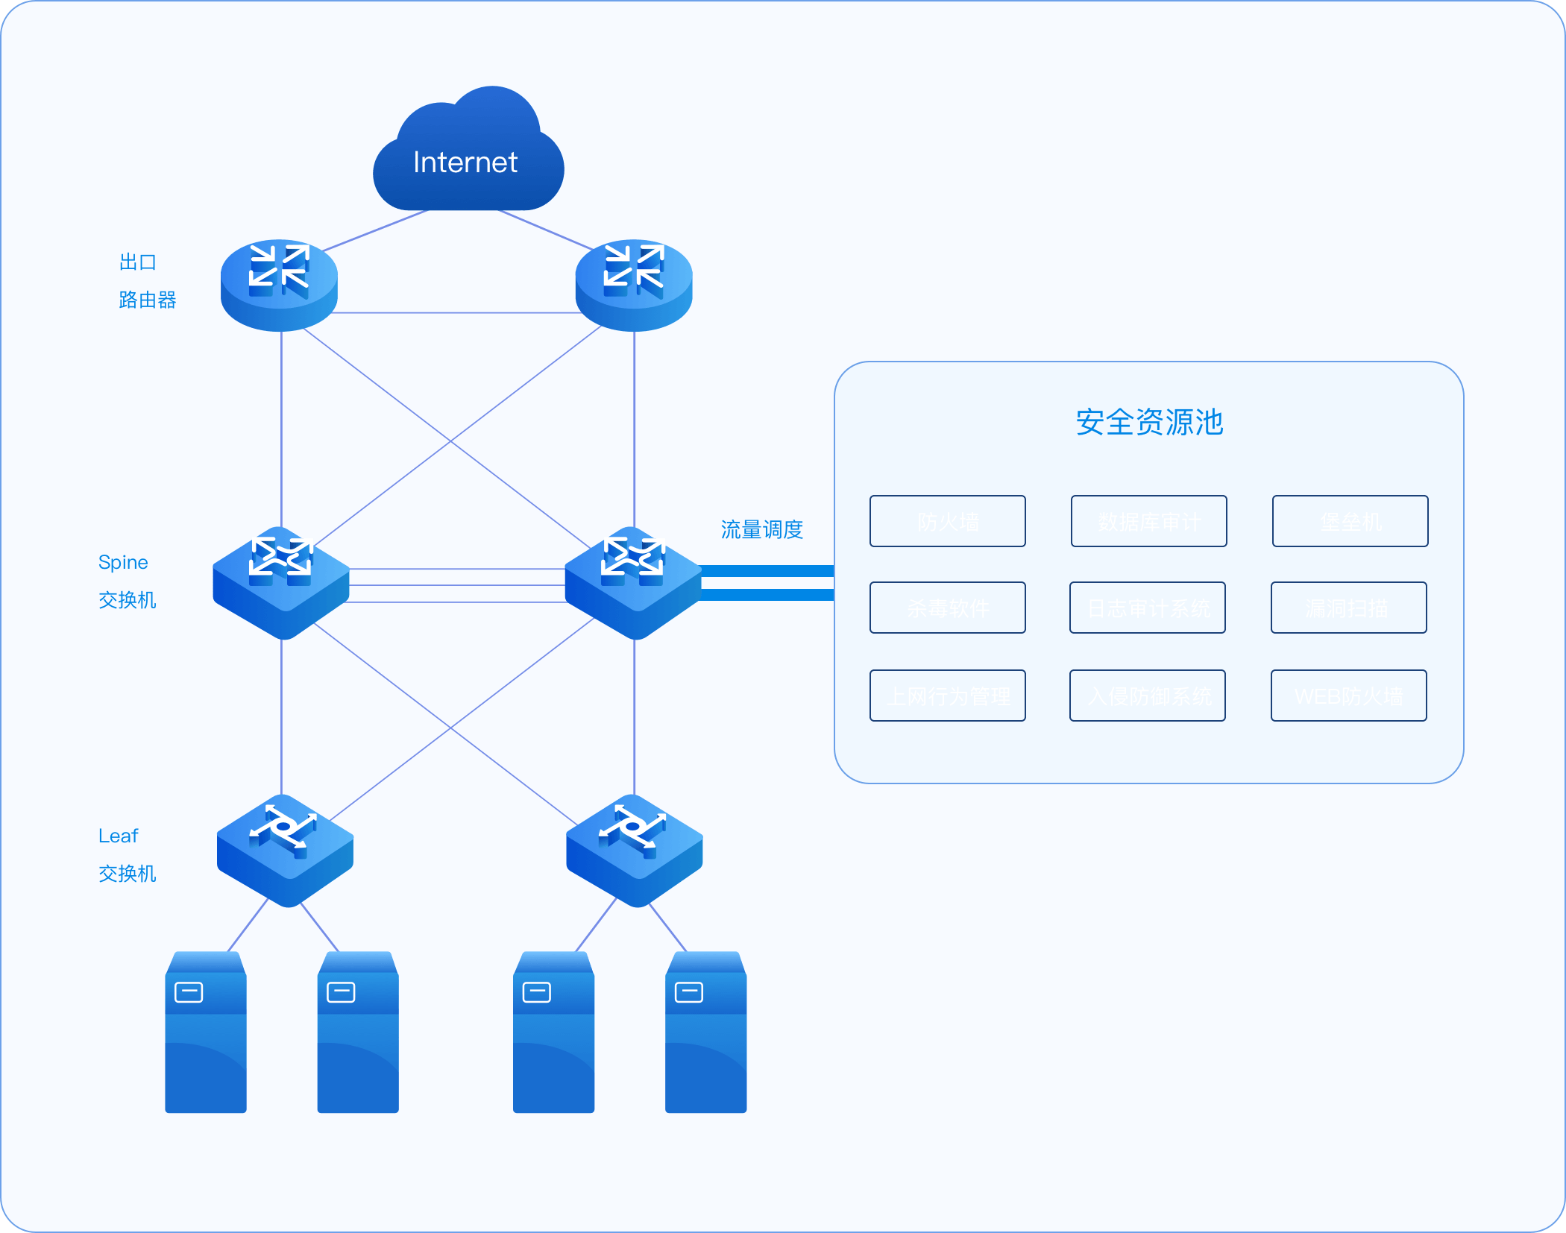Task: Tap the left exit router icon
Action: pos(279,284)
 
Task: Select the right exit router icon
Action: pos(634,284)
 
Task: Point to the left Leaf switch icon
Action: pos(285,850)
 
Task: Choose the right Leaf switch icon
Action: pos(635,850)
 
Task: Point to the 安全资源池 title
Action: pos(1148,422)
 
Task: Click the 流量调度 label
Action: pos(761,529)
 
